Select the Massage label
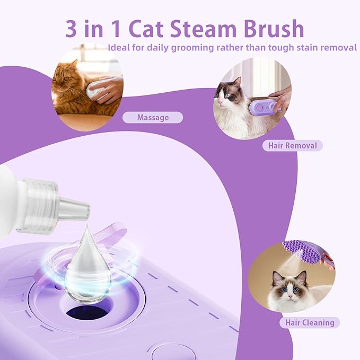pyautogui.click(x=153, y=118)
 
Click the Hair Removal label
pyautogui.click(x=292, y=145)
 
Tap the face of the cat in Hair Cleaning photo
pyautogui.click(x=288, y=287)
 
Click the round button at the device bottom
pyautogui.click(x=173, y=352)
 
